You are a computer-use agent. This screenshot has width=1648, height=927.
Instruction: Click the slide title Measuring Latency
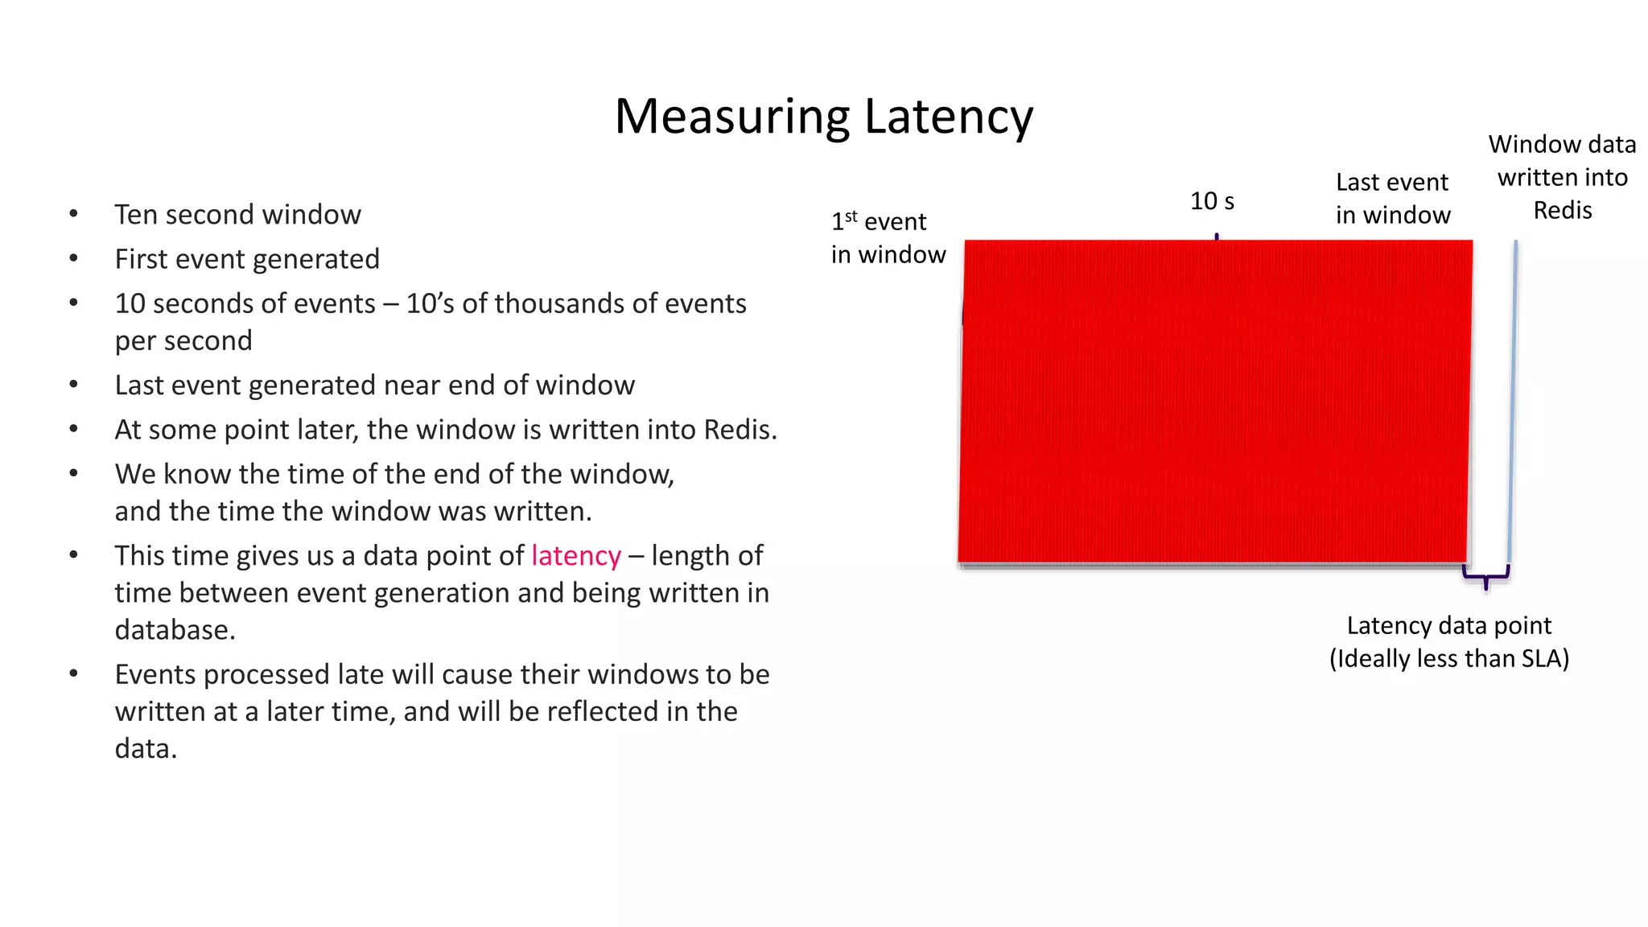[x=823, y=117]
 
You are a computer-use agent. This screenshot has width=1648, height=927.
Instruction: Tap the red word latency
[x=576, y=556]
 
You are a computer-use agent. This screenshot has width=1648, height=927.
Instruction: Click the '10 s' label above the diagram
[x=1212, y=201]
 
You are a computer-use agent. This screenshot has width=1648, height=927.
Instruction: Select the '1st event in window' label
[x=888, y=238]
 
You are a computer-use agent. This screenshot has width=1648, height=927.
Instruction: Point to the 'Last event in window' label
[x=1393, y=199]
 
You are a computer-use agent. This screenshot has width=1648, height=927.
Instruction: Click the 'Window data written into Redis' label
[x=1562, y=177]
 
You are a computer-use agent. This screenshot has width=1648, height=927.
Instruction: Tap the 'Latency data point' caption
[x=1448, y=626]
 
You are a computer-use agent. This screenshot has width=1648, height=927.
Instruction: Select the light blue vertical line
[x=1513, y=402]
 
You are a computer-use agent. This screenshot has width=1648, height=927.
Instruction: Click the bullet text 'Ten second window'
[x=237, y=215]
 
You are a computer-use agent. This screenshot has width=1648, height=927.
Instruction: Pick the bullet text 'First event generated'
[x=247, y=259]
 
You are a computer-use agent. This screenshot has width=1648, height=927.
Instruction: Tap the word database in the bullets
[x=175, y=630]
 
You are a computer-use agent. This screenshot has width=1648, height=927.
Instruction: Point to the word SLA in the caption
[x=1541, y=659]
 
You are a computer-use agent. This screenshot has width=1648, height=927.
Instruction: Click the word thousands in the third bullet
[x=555, y=303]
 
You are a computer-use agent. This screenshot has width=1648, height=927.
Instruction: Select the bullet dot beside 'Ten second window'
[x=73, y=214]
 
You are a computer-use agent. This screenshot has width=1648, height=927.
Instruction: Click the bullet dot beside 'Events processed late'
[x=73, y=674]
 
